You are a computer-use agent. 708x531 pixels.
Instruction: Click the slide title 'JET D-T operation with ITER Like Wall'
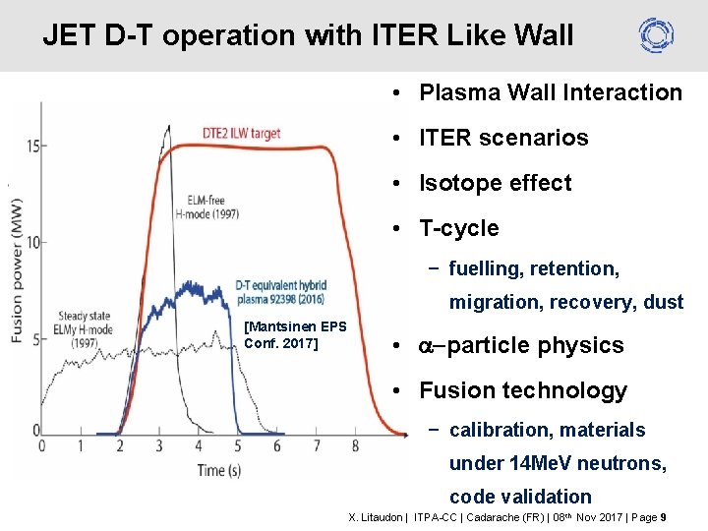coord(308,36)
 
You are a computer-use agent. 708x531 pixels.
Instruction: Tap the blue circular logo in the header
coord(656,35)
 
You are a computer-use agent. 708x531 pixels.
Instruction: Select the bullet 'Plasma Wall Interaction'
coord(550,93)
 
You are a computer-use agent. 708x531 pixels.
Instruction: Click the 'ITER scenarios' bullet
coord(503,139)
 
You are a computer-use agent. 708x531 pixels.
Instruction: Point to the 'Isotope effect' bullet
coord(495,184)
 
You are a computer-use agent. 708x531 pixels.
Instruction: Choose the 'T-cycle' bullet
coord(458,229)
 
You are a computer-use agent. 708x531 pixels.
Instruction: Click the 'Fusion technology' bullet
coord(522,391)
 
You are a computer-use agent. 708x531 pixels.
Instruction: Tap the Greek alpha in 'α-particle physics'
coord(428,346)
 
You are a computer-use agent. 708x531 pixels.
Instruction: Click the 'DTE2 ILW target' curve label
coord(241,134)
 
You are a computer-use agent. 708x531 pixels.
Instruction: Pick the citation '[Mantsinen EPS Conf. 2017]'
coord(295,334)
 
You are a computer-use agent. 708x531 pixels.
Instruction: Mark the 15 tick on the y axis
coord(32,147)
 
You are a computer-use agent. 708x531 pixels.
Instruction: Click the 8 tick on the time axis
coord(355,446)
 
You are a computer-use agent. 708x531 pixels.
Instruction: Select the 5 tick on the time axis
coord(237,446)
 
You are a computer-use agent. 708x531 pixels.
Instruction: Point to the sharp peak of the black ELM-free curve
coord(167,127)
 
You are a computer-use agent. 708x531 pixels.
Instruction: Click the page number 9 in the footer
coord(664,516)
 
